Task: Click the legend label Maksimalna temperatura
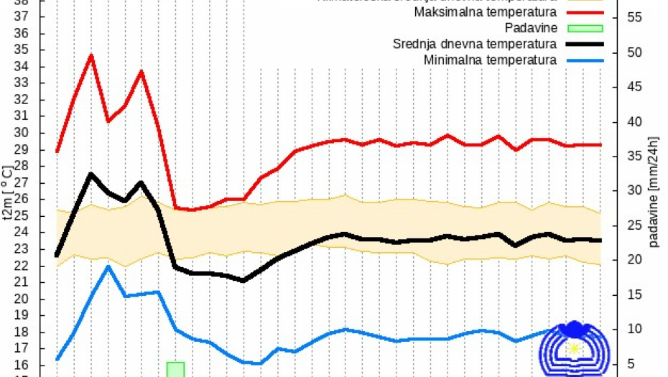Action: coord(485,13)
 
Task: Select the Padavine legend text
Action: coord(530,29)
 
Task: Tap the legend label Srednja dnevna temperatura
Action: coord(475,45)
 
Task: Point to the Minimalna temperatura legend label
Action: coord(490,60)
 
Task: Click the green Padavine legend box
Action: coord(586,29)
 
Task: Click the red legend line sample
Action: coord(586,13)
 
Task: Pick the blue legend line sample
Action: coord(586,60)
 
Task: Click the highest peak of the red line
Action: coord(91,55)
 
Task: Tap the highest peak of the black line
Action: coord(91,174)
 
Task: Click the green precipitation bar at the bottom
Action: coord(175,369)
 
